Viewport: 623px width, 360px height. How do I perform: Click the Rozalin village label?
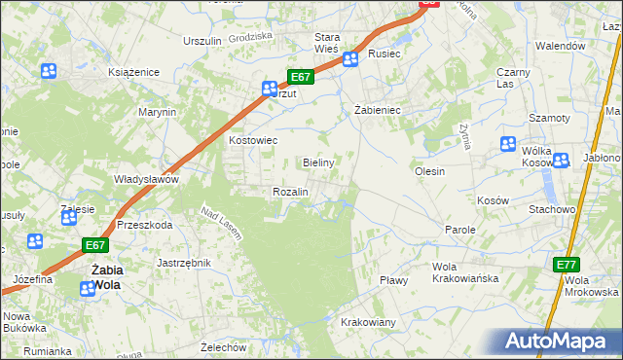click(290, 192)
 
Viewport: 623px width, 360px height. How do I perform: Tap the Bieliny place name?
click(319, 162)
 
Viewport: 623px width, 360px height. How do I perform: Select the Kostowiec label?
click(253, 141)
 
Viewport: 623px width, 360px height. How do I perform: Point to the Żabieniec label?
click(378, 111)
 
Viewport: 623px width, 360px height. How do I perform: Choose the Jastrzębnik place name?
click(185, 263)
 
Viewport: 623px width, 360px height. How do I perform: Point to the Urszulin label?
click(203, 41)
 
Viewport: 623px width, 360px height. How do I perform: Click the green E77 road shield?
click(568, 265)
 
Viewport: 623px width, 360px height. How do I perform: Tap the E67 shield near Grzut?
click(300, 77)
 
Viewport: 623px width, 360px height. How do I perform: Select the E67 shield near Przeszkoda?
click(94, 246)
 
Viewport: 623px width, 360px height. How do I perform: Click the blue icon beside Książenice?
click(49, 71)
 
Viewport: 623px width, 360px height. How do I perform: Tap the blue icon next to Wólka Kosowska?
click(508, 144)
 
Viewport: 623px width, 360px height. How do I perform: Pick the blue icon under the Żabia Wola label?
click(88, 288)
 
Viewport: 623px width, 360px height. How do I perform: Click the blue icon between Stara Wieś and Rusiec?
click(349, 59)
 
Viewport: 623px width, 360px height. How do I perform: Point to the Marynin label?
click(157, 112)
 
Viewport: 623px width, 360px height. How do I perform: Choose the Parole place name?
click(459, 230)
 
